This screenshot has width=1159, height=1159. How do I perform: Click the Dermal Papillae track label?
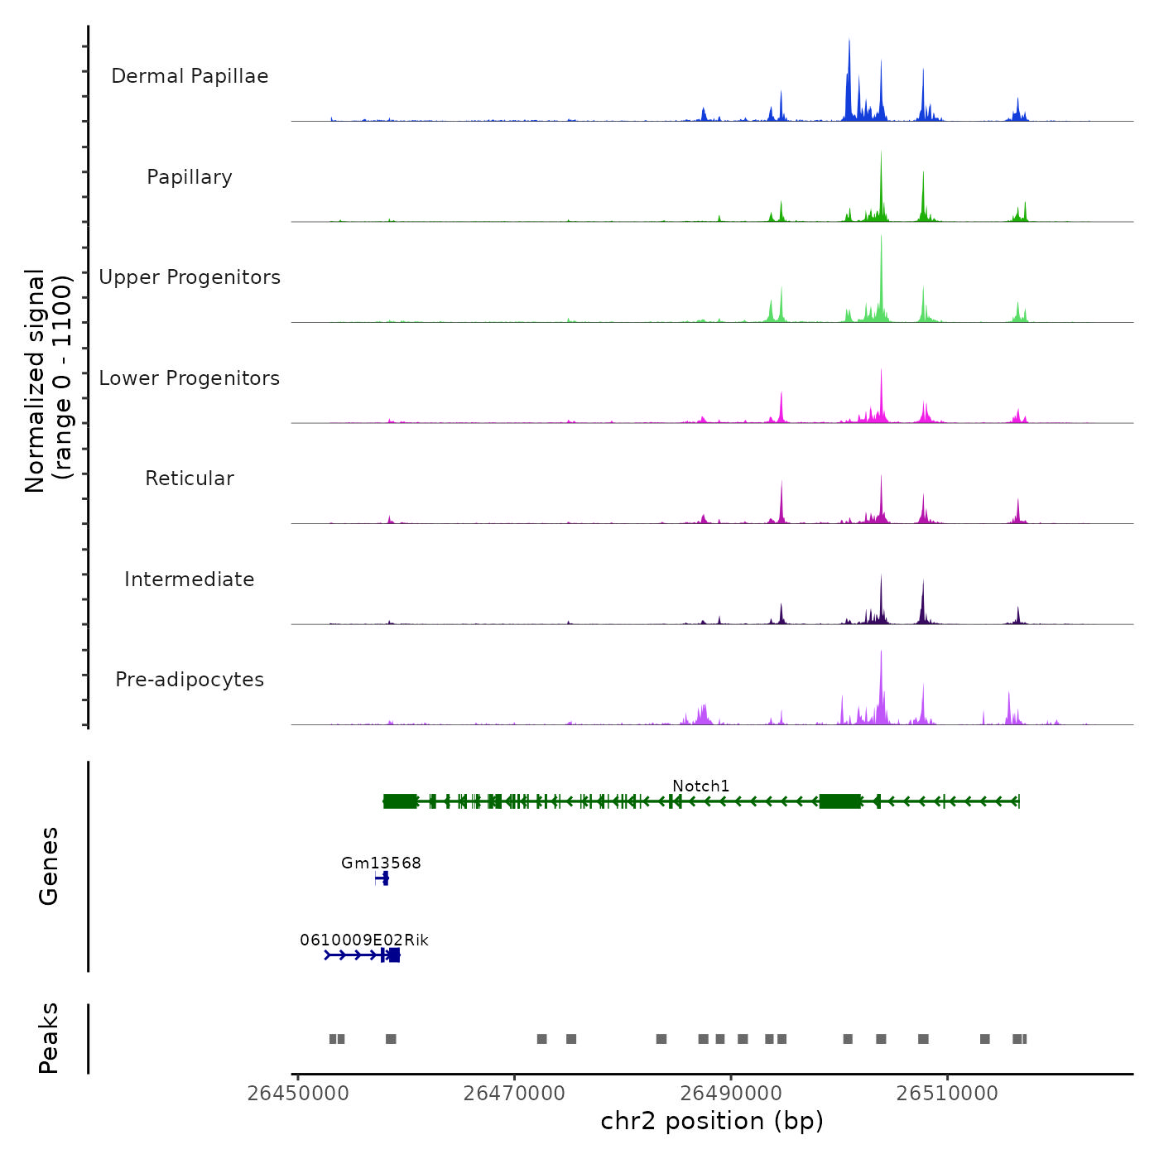[190, 76]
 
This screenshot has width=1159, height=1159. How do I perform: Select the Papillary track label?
[190, 177]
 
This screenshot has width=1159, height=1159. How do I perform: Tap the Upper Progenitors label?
[190, 277]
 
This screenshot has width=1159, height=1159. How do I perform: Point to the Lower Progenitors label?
[190, 378]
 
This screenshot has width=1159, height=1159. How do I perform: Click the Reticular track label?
[190, 479]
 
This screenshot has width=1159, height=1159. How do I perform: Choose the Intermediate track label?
[190, 579]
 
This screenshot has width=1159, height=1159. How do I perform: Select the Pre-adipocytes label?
[190, 680]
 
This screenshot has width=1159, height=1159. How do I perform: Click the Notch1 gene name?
[700, 786]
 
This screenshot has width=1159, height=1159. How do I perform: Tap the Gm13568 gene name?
[381, 863]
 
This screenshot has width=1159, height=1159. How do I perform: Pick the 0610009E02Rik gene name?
[364, 940]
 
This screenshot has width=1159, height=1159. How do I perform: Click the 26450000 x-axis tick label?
[298, 1094]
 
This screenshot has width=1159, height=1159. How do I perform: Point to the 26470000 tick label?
[515, 1094]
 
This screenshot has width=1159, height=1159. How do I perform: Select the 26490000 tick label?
[731, 1094]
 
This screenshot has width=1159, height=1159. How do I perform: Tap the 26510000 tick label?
[948, 1094]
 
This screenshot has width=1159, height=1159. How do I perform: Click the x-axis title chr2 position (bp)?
[712, 1121]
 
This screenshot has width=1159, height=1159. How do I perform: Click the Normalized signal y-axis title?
[48, 381]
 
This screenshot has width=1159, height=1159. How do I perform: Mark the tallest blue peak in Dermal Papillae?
[849, 41]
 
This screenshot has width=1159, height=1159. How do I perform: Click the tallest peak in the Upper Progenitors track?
[881, 238]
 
